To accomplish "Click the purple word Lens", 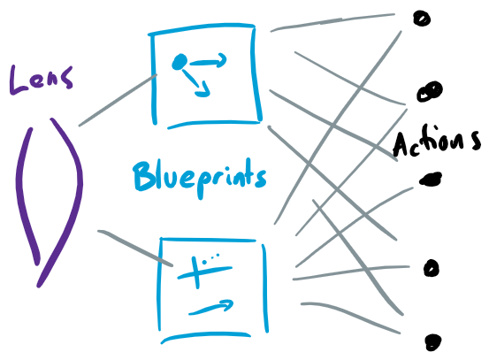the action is click(x=42, y=80).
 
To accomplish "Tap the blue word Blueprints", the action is click(x=200, y=179).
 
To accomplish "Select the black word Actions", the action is click(x=437, y=142).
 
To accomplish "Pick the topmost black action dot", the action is click(x=422, y=19).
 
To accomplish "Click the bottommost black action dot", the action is click(x=433, y=342).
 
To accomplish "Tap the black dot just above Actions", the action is click(x=430, y=91).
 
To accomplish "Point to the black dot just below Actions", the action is click(x=431, y=179).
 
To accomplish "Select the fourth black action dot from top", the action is click(x=432, y=268).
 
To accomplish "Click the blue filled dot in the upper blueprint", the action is click(x=180, y=61).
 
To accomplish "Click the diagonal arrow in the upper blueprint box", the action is click(x=196, y=83).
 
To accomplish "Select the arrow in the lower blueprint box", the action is click(x=210, y=308).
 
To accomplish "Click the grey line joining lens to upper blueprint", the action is click(x=118, y=100).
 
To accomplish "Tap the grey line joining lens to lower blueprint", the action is click(x=135, y=248).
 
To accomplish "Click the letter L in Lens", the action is click(x=19, y=80).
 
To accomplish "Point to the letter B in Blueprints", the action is click(x=144, y=175).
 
